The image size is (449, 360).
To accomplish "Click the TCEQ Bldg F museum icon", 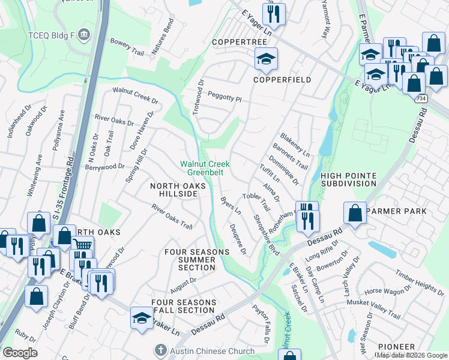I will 85,34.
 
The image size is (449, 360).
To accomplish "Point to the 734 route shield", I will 423,98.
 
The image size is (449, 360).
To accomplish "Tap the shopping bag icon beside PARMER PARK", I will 355,212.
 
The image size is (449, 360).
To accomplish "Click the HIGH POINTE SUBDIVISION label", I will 348,179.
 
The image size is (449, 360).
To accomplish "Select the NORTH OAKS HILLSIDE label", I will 173,190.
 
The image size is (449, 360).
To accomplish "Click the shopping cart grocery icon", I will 82,245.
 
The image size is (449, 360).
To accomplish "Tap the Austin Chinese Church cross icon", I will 160,349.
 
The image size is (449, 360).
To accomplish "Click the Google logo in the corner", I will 19,353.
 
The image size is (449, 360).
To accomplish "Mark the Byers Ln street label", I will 231,206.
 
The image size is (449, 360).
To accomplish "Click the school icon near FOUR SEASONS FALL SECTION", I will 142,319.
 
